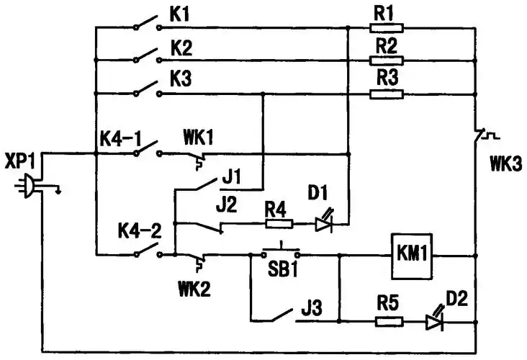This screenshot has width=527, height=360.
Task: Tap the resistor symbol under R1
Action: tap(387, 28)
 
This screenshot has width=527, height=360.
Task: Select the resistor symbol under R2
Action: tap(387, 60)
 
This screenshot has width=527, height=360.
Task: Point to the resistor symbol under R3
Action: tap(387, 94)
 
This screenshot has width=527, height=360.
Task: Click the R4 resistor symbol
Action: tap(278, 224)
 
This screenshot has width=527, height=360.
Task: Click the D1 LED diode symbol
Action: tap(324, 223)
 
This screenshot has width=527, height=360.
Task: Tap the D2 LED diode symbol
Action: tap(433, 322)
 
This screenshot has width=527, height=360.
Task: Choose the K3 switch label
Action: tap(181, 79)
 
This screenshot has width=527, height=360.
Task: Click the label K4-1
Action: tap(120, 135)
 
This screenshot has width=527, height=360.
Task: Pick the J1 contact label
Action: tap(233, 174)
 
